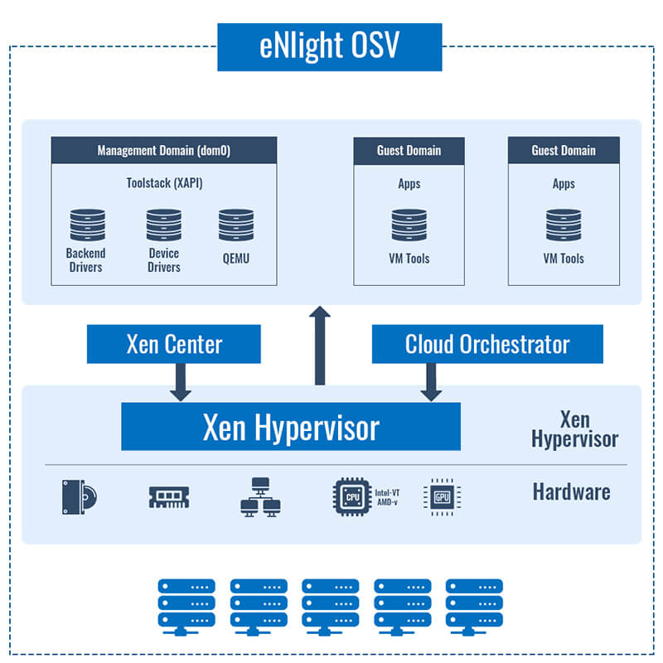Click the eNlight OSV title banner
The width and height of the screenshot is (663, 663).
click(x=329, y=47)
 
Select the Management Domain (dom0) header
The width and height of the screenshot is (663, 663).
click(x=164, y=150)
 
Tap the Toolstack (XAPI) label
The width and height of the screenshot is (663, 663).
click(x=164, y=183)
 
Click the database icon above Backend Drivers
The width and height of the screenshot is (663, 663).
click(x=88, y=225)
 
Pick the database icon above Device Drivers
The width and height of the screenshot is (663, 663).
click(x=164, y=225)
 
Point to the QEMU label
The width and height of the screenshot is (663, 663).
click(x=236, y=259)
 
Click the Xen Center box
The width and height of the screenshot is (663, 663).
click(x=174, y=344)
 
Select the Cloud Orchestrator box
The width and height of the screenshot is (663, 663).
click(x=487, y=344)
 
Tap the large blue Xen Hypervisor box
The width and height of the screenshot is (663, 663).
click(x=291, y=426)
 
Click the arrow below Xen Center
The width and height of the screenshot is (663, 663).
click(x=181, y=382)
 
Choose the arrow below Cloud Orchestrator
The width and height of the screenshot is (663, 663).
click(x=431, y=382)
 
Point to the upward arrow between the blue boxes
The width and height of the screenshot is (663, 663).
click(x=320, y=346)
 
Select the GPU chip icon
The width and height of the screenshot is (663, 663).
click(x=442, y=496)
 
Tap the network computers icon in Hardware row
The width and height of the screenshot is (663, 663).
click(x=260, y=497)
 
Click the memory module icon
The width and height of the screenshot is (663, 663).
click(x=169, y=497)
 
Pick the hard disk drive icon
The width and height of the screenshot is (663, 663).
click(x=80, y=496)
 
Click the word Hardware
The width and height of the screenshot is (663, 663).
click(x=571, y=491)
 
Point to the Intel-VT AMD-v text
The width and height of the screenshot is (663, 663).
click(x=387, y=497)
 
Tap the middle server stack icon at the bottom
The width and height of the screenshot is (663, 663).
click(x=330, y=607)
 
